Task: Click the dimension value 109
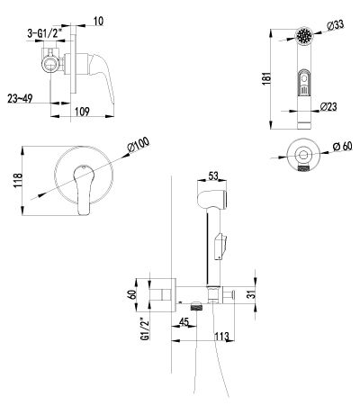(82, 112)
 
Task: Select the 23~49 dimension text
(20, 98)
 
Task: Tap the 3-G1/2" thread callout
(46, 33)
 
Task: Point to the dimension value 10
(98, 22)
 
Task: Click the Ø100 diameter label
(139, 146)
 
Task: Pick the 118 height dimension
(18, 180)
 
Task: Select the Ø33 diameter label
(335, 25)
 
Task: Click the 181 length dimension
(266, 78)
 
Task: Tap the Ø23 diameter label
(328, 106)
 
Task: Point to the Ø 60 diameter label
(342, 147)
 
